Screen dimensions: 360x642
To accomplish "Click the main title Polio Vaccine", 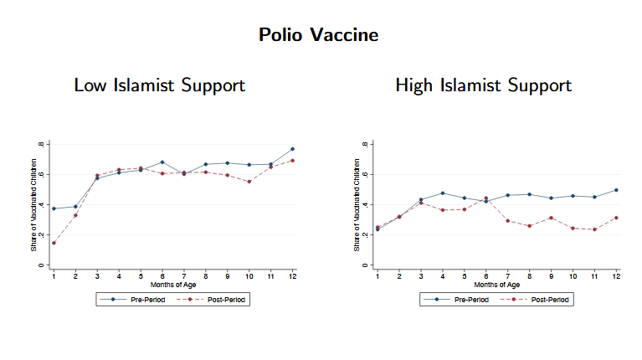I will coord(318,35).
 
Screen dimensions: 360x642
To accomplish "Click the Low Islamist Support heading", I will coord(159,85).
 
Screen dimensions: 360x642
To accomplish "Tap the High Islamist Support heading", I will coord(483,85).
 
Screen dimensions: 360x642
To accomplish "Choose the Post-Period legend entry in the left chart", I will coord(213,299).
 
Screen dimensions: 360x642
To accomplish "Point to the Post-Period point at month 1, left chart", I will coord(54,243).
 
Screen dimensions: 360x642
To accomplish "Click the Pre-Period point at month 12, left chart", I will coord(292,149).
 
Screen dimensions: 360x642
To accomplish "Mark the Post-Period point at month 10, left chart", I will coord(249,182).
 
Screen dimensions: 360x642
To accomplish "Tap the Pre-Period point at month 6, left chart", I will coord(162,162).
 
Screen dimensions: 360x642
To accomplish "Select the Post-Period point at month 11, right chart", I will coord(595,229).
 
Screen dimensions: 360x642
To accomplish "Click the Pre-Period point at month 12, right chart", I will coord(617,190).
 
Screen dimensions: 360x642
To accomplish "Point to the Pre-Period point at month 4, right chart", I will coord(443,193).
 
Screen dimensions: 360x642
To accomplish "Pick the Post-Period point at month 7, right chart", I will coord(508,221).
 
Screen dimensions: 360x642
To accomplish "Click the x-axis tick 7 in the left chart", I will coord(184,275).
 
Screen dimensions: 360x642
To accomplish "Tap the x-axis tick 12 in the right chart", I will coord(617,275).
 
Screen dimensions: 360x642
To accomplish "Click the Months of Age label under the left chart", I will coord(172,285).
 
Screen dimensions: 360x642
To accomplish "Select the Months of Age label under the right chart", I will coord(497,285).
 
